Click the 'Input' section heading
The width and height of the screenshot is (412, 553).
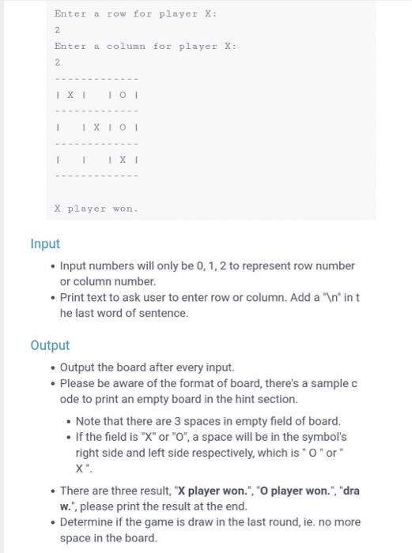pos(45,244)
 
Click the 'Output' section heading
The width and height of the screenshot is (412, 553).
pos(50,345)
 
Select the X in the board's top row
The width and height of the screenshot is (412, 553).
pos(70,95)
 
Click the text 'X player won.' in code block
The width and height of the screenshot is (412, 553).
pos(96,209)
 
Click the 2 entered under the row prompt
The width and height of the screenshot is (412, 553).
pos(57,30)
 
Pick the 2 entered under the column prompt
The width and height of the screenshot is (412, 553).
pos(57,62)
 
